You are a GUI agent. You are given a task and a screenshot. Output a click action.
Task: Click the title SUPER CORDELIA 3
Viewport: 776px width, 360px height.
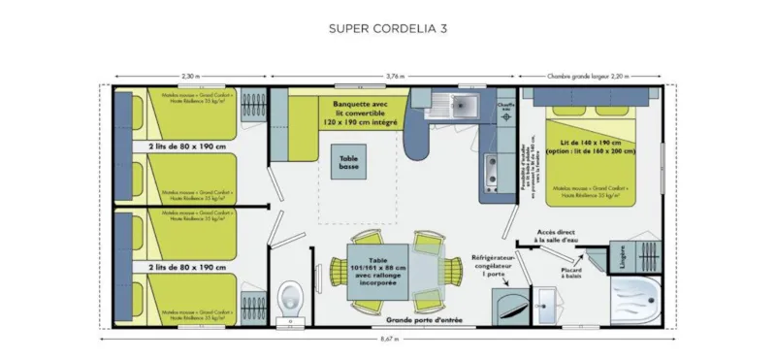[x=388, y=28]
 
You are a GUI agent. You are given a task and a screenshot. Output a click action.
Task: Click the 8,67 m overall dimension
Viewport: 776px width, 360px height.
[x=387, y=339]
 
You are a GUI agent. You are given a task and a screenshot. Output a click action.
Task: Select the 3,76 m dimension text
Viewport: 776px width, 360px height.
[x=395, y=76]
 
